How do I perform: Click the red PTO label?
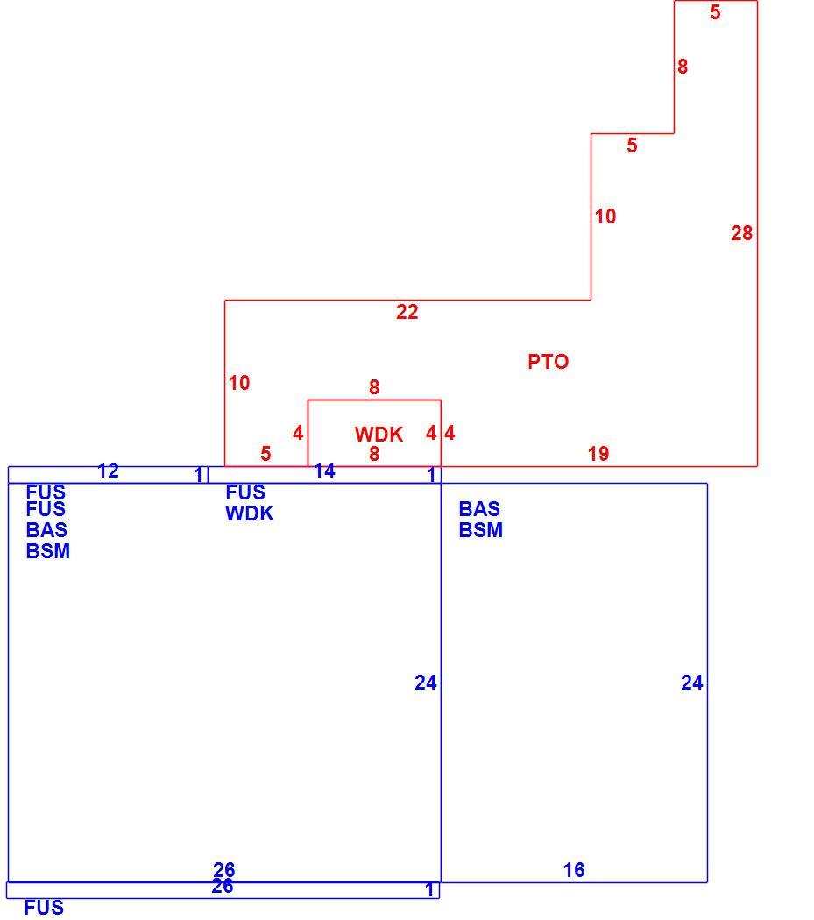[549, 361]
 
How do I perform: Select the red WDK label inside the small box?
[379, 435]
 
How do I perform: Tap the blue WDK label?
[250, 513]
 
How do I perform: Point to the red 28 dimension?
[742, 233]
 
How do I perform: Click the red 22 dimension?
[407, 312]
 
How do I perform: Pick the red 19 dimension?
[598, 454]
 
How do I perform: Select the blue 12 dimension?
[108, 470]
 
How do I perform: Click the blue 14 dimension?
[324, 470]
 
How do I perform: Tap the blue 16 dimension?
[574, 869]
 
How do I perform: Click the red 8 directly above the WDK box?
[374, 387]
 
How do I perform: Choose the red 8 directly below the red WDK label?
[374, 454]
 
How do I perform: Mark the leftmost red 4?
[298, 433]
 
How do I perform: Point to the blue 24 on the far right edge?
[692, 683]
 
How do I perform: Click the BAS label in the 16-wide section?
[479, 509]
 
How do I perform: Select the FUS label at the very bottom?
[44, 908]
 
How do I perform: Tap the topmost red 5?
[715, 12]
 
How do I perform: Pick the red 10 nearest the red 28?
[605, 216]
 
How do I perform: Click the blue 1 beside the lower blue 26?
[430, 889]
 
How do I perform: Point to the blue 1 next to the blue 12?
[198, 475]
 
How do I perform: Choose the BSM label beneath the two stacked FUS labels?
[48, 551]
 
